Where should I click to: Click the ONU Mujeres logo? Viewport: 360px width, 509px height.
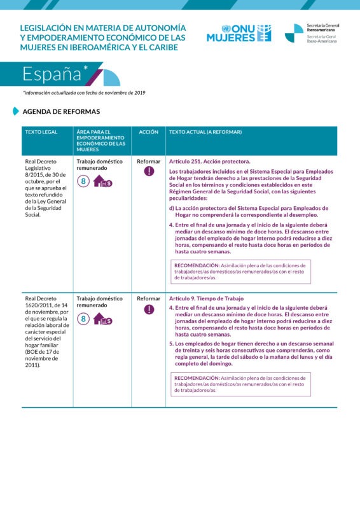[239, 33]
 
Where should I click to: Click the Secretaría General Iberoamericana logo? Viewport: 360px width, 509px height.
[312, 33]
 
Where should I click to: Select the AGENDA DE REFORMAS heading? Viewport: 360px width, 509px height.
[61, 111]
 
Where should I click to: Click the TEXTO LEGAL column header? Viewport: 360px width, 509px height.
[41, 132]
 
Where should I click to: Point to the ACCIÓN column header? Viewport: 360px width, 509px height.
[149, 132]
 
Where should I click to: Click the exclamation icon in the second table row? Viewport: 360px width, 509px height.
[149, 309]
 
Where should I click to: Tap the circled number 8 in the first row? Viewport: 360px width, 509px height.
[83, 182]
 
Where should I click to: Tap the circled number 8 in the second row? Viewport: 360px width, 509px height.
[83, 319]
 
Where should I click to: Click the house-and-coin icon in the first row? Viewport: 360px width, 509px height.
[102, 182]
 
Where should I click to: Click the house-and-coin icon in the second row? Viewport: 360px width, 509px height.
[102, 319]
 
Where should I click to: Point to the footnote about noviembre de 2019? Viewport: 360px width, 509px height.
[84, 93]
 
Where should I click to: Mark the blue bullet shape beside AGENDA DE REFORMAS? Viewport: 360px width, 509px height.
[16, 111]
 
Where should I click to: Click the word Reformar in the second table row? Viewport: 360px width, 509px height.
[149, 298]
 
